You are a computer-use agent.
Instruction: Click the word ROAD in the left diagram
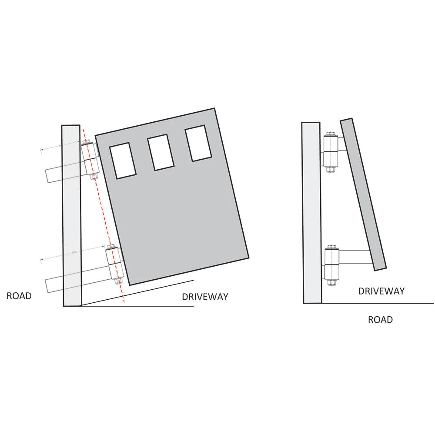(x=19, y=296)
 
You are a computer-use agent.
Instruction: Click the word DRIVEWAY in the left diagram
(x=205, y=297)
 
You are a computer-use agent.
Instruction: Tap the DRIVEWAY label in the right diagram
(x=381, y=291)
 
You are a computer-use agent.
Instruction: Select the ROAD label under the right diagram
(x=380, y=320)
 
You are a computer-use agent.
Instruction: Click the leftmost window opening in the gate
(x=122, y=161)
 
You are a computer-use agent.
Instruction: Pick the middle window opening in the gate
(x=161, y=152)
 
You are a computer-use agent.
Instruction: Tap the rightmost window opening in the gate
(x=198, y=143)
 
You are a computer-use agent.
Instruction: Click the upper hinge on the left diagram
(x=90, y=159)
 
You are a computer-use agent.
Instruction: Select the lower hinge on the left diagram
(x=114, y=265)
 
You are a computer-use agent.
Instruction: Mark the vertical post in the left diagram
(x=71, y=216)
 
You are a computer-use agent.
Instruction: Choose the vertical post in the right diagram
(x=311, y=213)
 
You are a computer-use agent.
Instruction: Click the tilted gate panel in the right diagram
(x=363, y=194)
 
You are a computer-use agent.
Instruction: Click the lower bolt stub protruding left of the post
(x=54, y=284)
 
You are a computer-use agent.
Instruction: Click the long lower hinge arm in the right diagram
(x=355, y=257)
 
